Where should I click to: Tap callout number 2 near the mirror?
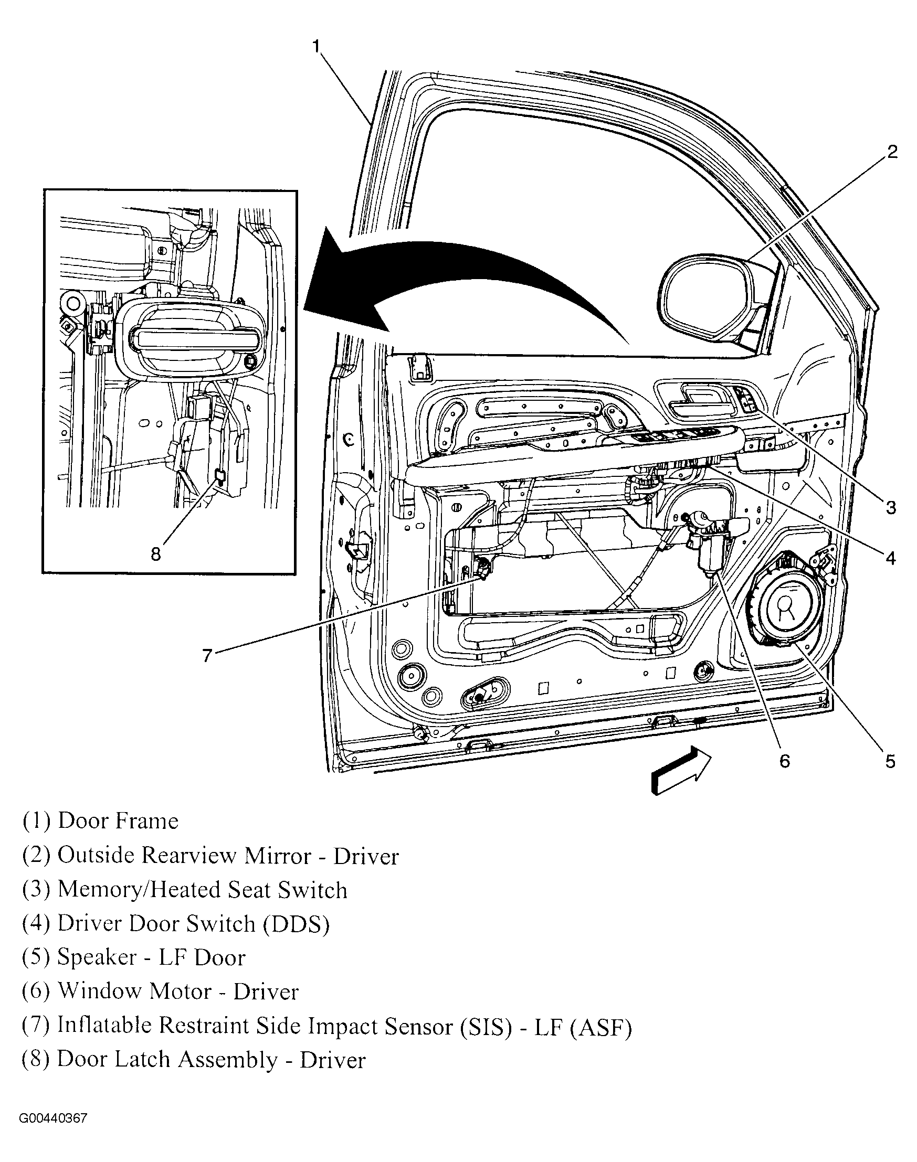point(892,152)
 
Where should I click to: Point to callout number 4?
point(891,558)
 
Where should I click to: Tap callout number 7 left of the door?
point(208,655)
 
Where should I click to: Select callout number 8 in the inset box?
point(156,553)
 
